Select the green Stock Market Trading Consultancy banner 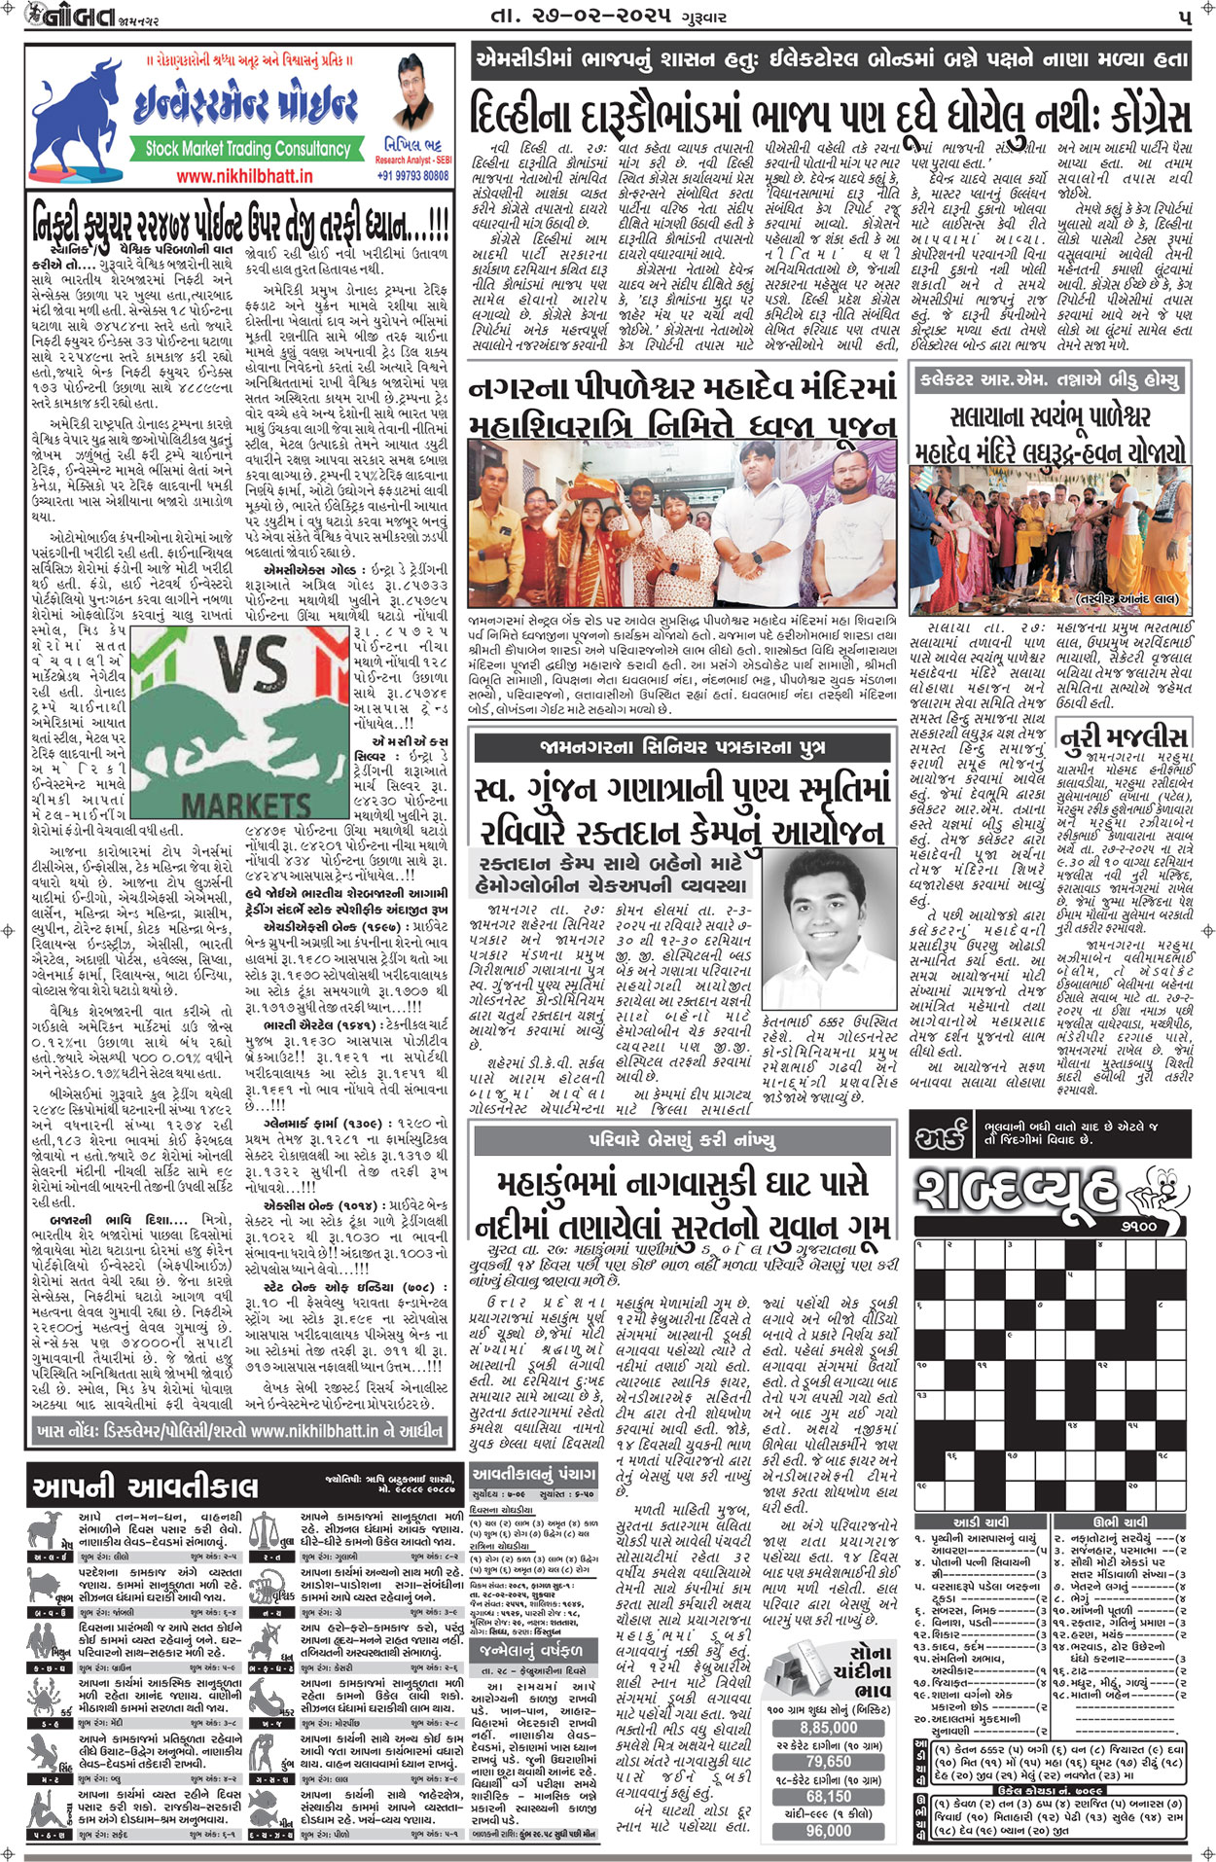(247, 149)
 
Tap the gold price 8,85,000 (828, 1728)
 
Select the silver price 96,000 (828, 1830)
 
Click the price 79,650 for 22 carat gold (828, 1762)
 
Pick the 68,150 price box (828, 1796)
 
